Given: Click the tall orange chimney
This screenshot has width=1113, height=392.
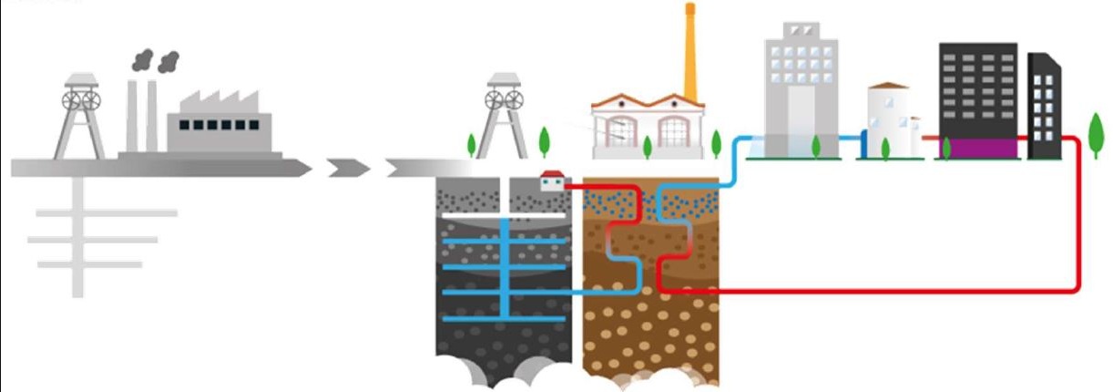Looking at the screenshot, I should (x=690, y=55).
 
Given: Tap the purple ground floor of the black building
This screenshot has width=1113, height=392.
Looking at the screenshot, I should (x=979, y=149).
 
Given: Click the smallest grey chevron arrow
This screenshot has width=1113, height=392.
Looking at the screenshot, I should (x=349, y=168).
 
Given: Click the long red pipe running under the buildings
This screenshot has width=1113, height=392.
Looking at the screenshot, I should (x=865, y=291).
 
